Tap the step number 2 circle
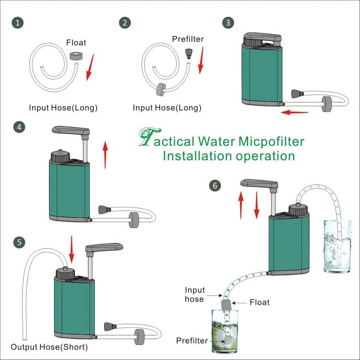pyautogui.click(x=126, y=23)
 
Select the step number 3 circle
pyautogui.click(x=227, y=22)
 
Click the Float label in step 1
pyautogui.click(x=76, y=44)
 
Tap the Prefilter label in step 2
pyautogui.click(x=187, y=38)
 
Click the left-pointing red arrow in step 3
pyautogui.click(x=294, y=112)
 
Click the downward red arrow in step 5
pyautogui.click(x=71, y=249)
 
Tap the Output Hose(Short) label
pyautogui.click(x=49, y=347)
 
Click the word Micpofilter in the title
pyautogui.click(x=272, y=142)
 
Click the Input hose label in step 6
pyautogui.click(x=194, y=294)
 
